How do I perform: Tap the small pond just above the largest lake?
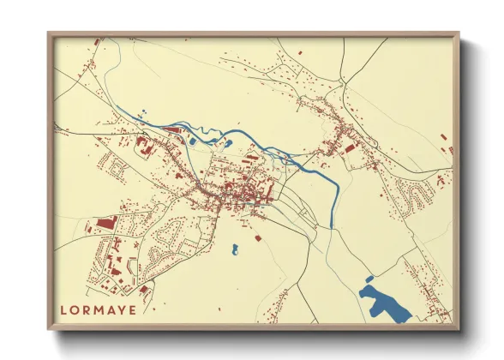coord(369,279)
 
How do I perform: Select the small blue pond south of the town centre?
coord(234,249)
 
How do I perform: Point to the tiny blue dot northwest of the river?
coord(142,111)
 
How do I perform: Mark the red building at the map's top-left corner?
coord(96,41)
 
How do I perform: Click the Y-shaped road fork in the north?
coord(342,82)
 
